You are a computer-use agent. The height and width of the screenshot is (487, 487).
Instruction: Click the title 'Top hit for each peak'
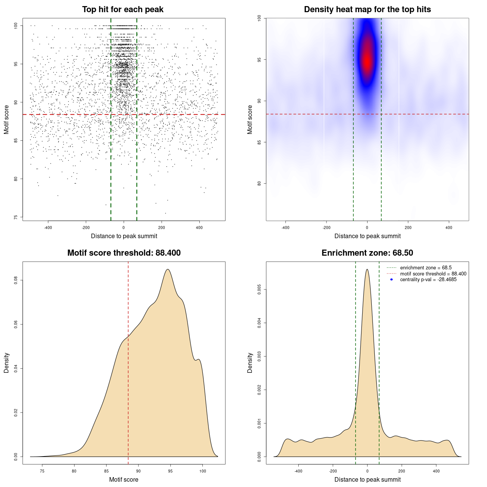pyautogui.click(x=123, y=10)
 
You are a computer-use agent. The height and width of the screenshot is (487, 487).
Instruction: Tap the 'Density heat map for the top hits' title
pyautogui.click(x=367, y=10)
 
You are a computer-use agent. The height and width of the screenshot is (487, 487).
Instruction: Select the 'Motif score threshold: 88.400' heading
pyautogui.click(x=124, y=253)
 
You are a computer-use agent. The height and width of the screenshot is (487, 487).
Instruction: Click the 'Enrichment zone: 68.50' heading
pyautogui.click(x=367, y=253)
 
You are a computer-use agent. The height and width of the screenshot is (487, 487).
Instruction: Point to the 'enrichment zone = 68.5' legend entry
pyautogui.click(x=426, y=268)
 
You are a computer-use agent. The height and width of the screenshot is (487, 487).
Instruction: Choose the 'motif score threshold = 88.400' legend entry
pyautogui.click(x=433, y=274)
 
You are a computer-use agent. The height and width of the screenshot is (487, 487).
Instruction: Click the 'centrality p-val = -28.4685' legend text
pyautogui.click(x=428, y=280)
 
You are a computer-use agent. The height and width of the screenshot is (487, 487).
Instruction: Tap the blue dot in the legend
pyautogui.click(x=392, y=280)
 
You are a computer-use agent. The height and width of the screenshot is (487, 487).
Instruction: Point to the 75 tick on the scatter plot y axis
pyautogui.click(x=16, y=217)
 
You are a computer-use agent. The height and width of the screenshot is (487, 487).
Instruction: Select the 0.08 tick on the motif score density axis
pyautogui.click(x=16, y=280)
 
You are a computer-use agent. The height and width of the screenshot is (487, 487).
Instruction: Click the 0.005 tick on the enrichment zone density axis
pyautogui.click(x=259, y=290)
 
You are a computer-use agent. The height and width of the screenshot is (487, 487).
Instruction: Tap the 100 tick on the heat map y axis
pyautogui.click(x=259, y=18)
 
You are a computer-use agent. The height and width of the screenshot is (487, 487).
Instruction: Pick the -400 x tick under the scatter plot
pyautogui.click(x=48, y=228)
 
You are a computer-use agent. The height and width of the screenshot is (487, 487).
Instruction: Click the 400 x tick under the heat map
pyautogui.click(x=449, y=228)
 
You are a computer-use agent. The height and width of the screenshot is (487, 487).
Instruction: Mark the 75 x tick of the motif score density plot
pyautogui.click(x=42, y=471)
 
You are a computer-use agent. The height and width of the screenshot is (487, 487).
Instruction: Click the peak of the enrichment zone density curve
pyautogui.click(x=367, y=269)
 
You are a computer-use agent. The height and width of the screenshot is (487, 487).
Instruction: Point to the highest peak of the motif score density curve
pyautogui.click(x=167, y=269)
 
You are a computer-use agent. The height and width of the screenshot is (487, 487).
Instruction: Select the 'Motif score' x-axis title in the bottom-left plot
pyautogui.click(x=124, y=479)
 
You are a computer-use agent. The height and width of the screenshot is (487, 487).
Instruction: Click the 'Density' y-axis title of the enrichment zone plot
pyautogui.click(x=250, y=363)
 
